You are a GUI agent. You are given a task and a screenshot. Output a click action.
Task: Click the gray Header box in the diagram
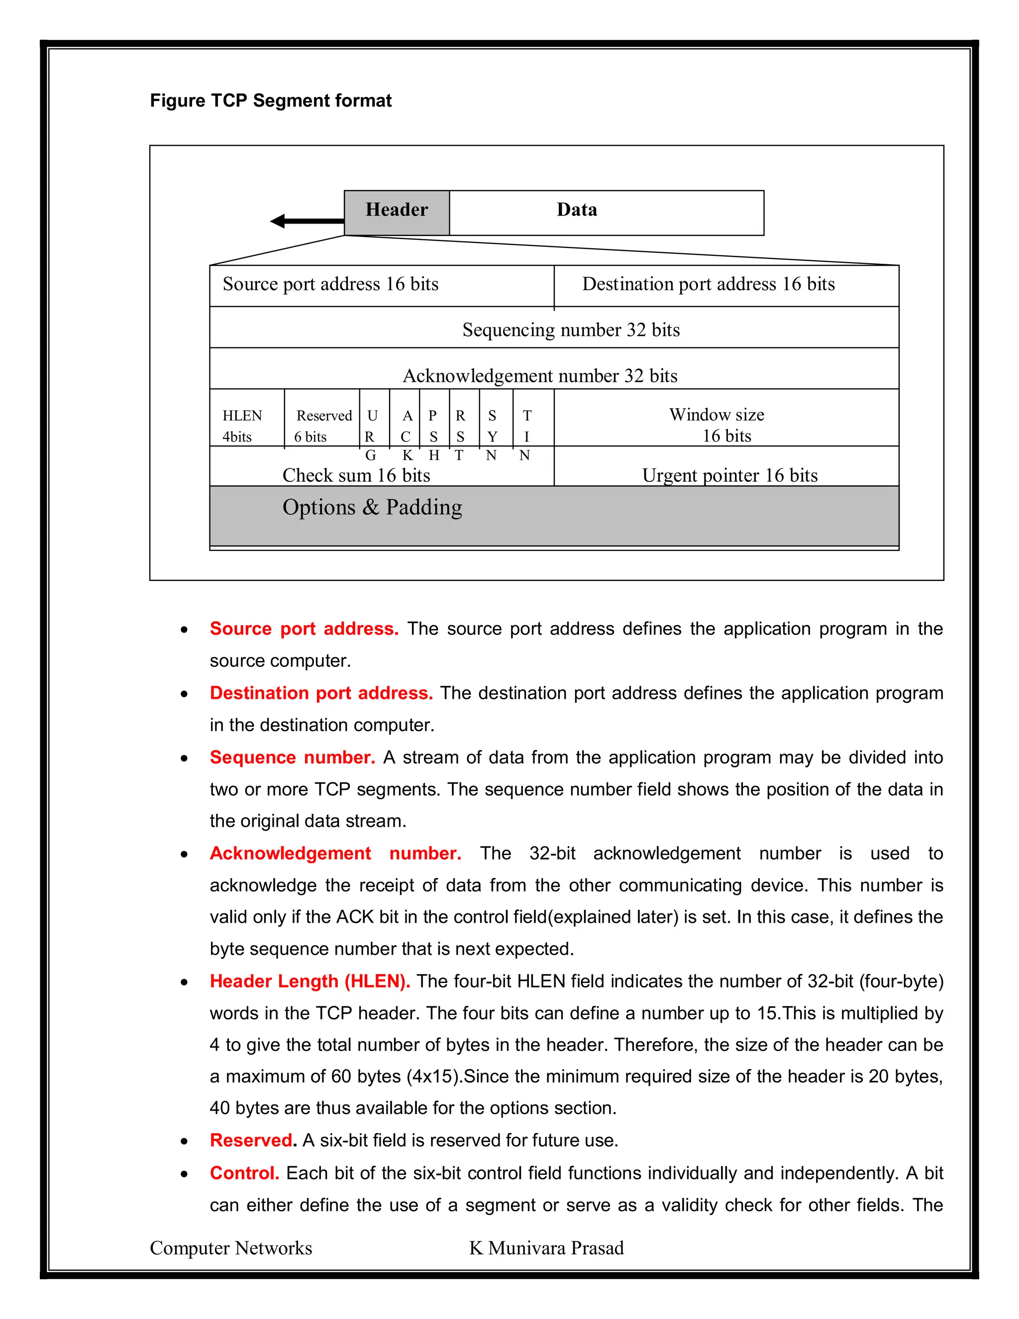tap(397, 212)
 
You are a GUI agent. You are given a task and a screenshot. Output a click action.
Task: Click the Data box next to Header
tap(606, 212)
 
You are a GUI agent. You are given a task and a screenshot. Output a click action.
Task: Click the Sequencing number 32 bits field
tap(571, 330)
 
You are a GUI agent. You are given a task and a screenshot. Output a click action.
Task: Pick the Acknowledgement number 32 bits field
tap(540, 375)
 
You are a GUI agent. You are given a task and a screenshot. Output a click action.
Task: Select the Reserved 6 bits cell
tap(322, 425)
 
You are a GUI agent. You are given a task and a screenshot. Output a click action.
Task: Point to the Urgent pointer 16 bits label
tap(729, 475)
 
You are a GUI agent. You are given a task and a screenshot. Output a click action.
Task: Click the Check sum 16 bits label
tap(356, 475)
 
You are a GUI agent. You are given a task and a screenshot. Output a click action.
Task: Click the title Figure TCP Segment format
tap(271, 100)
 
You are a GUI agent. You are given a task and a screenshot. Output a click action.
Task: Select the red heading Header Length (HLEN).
tap(309, 981)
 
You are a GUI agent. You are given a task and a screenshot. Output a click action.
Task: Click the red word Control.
tap(244, 1172)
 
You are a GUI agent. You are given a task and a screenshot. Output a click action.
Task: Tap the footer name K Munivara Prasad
tap(546, 1248)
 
